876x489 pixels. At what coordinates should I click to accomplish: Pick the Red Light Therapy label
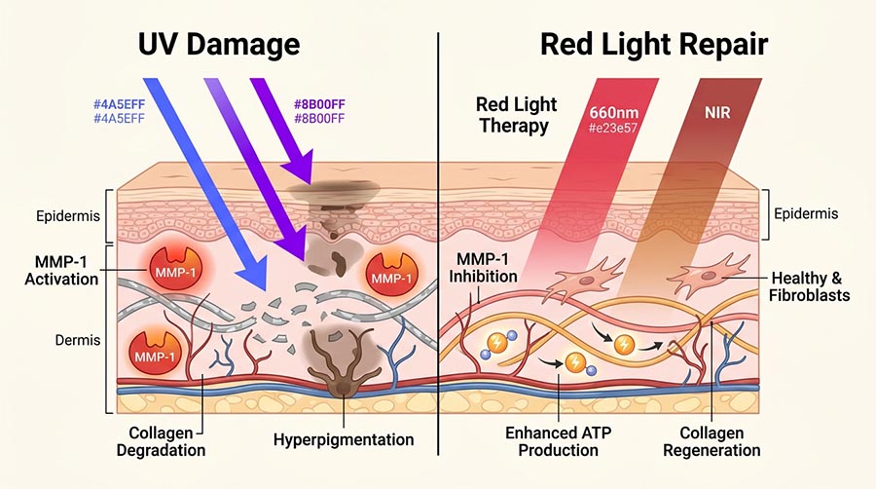pos(514,114)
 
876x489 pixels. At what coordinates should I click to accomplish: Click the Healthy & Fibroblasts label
pos(809,287)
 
